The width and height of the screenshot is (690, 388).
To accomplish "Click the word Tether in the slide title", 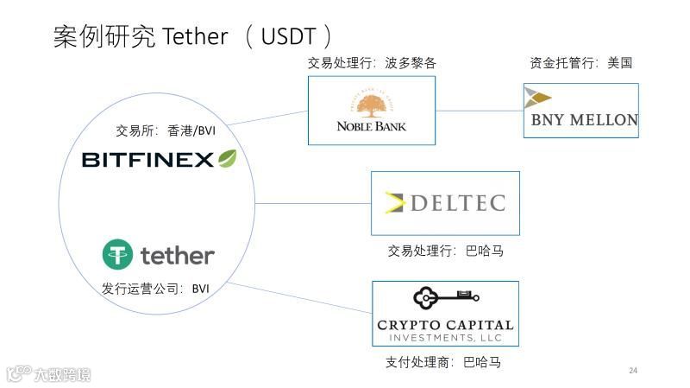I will coord(195,36).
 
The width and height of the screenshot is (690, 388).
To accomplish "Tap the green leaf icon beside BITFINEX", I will coord(228,158).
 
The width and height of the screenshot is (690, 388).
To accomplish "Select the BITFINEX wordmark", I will coord(147,160).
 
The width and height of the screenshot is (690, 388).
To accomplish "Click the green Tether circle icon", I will coord(118,255).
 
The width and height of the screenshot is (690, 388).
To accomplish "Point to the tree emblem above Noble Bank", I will coord(372,105).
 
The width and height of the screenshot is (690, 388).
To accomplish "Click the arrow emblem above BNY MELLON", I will coord(537,97).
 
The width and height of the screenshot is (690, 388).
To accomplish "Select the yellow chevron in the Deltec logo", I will coord(395,203).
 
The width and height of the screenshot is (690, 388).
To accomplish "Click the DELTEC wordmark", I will coord(456,204).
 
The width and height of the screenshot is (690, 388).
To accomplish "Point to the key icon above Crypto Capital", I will coord(445,298).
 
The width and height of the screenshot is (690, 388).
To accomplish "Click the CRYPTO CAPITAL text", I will coord(445,325).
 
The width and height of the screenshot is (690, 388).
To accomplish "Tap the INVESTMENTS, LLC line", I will coord(445,337).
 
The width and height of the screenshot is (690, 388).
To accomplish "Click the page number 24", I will coord(633,371).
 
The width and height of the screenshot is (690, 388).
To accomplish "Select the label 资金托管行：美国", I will coord(580,63).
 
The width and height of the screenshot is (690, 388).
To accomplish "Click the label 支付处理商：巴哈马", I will coord(442,362).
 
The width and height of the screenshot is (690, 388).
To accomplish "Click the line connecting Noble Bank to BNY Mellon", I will coord(479,111).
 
